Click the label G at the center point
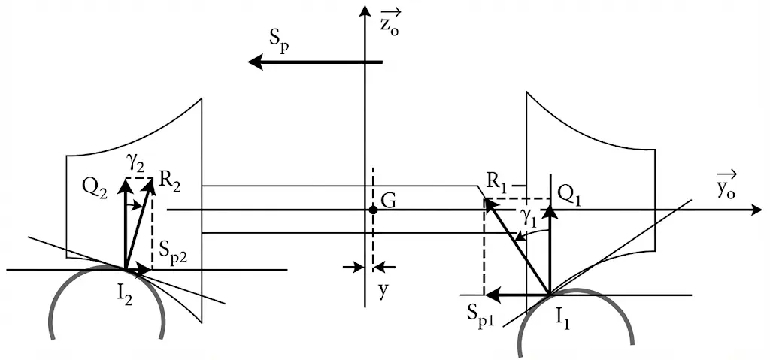(x=389, y=200)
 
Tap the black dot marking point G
(x=373, y=210)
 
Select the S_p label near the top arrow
(x=279, y=44)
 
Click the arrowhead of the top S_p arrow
(x=256, y=62)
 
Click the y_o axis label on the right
(x=726, y=188)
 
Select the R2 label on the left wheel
(x=171, y=181)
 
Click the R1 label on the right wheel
(x=496, y=181)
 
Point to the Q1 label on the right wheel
(x=568, y=192)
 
